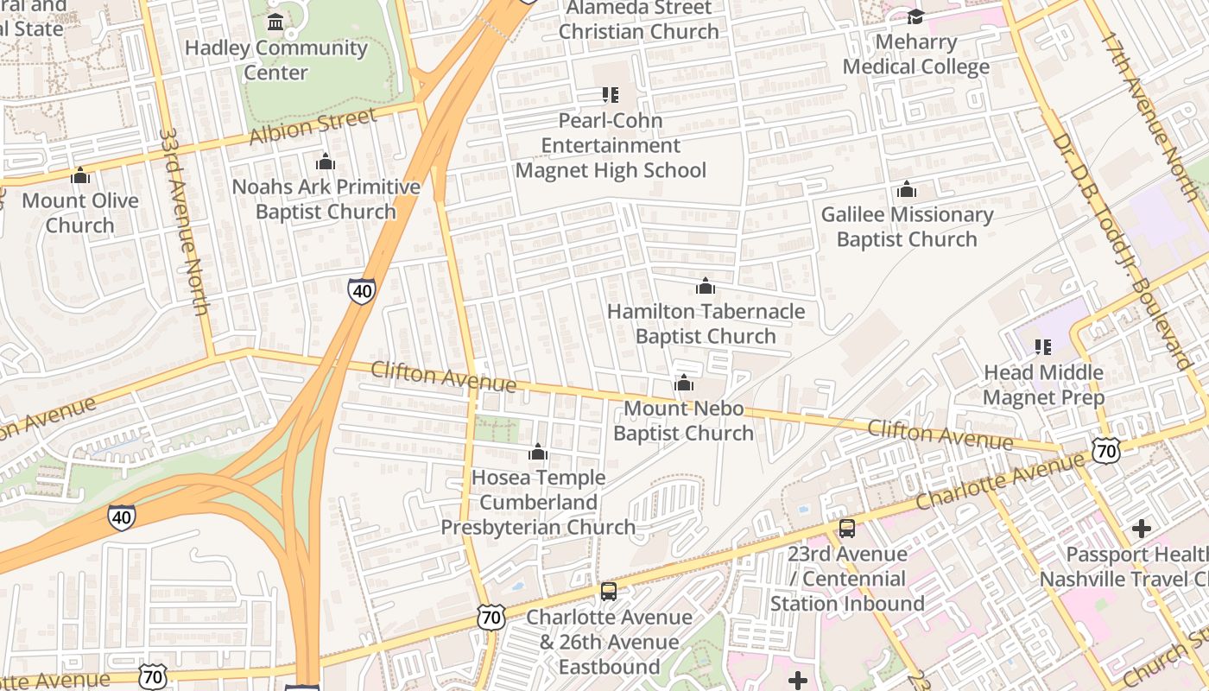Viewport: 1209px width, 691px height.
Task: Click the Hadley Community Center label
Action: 275,60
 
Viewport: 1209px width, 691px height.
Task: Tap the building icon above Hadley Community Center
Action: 275,22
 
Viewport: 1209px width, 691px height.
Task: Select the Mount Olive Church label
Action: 80,212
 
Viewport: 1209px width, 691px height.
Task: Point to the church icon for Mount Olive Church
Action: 80,175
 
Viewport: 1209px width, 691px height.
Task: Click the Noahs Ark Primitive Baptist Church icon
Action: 326,162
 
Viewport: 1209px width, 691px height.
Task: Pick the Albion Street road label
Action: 313,126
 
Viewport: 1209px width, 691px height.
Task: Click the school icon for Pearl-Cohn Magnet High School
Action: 611,95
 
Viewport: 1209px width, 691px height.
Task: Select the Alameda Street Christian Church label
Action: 639,20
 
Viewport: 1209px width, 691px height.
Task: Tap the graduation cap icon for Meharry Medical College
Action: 915,16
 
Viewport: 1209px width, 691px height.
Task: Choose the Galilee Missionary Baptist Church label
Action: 907,226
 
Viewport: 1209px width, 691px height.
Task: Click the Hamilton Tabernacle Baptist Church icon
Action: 706,286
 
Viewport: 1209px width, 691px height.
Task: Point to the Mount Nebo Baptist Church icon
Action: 684,383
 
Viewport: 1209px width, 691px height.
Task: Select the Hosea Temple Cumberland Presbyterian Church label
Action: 538,502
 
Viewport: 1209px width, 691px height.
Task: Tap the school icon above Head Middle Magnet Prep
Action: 1043,347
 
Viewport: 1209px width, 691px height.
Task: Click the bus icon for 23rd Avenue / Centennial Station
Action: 847,529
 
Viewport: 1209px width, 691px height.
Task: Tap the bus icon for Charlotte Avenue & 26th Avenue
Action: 609,592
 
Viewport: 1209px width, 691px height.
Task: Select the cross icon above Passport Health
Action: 1142,529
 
